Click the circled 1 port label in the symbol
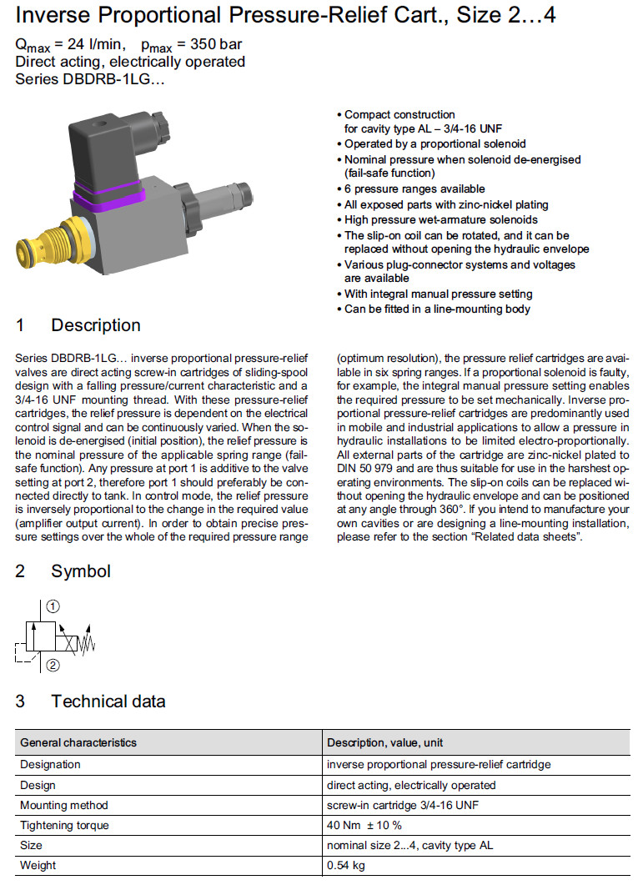[x=52, y=606]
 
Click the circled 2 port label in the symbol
[x=52, y=665]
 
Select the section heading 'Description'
[x=96, y=325]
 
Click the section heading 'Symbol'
[x=81, y=571]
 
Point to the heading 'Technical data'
[x=108, y=701]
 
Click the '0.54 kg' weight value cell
[x=346, y=865]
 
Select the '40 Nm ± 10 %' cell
[x=364, y=825]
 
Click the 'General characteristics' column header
[x=78, y=742]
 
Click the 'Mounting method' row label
[x=64, y=805]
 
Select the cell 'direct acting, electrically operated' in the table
[x=411, y=785]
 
